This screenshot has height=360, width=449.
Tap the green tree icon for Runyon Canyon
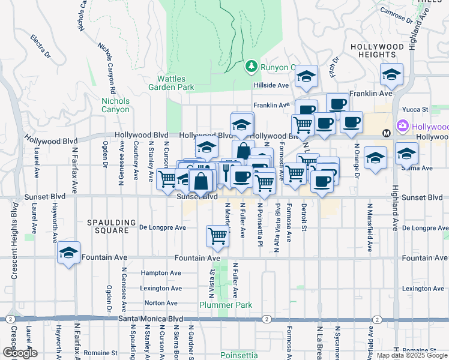click(x=252, y=66)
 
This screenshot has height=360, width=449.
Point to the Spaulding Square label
click(x=108, y=226)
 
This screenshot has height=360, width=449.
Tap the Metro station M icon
click(x=387, y=132)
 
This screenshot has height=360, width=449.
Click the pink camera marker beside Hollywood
click(x=402, y=127)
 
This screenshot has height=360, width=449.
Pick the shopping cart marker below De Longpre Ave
click(x=217, y=236)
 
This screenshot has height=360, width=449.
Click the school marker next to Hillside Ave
click(x=306, y=76)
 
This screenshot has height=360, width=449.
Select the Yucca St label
click(x=415, y=110)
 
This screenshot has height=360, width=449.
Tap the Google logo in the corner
click(x=20, y=353)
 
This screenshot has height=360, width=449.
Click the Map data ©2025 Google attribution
click(x=411, y=355)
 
